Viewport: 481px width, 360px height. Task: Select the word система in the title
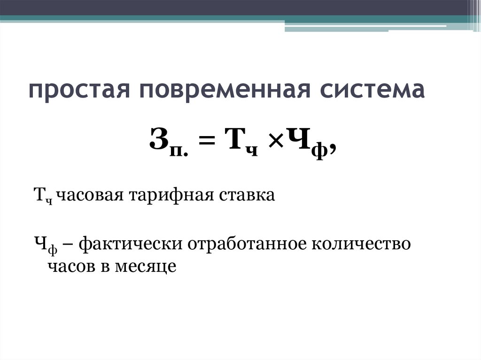[x=370, y=90]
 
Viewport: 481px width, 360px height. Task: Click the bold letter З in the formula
[x=159, y=140]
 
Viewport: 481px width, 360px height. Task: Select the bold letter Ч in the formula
[x=299, y=140]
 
